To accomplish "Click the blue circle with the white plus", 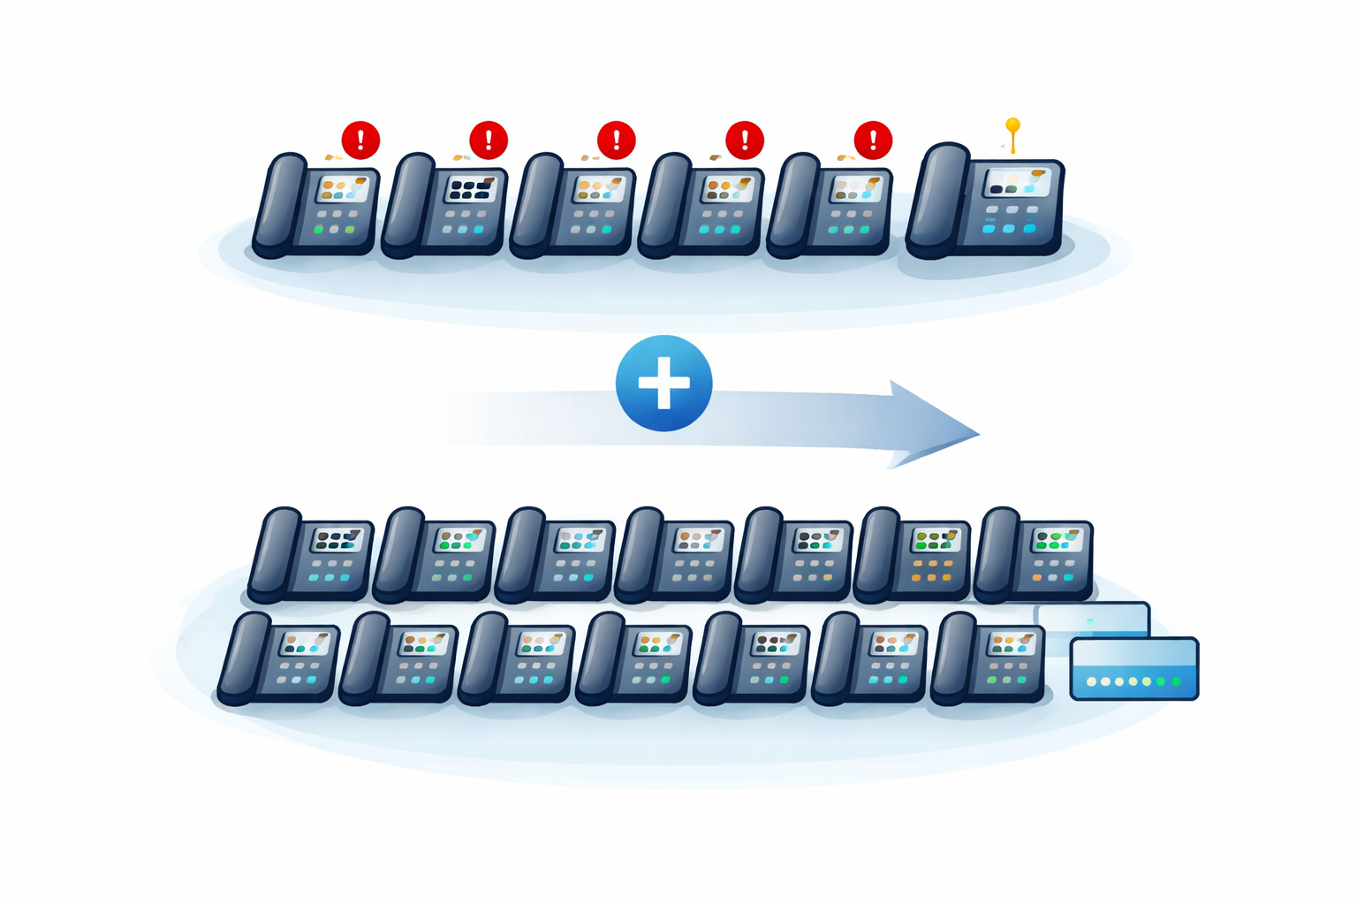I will [x=663, y=384].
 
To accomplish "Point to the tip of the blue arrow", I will [x=978, y=433].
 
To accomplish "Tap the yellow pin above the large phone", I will [x=1012, y=127].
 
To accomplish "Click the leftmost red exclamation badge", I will [x=360, y=140].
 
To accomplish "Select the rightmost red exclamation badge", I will [x=873, y=140].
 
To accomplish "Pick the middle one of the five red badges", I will [x=616, y=140].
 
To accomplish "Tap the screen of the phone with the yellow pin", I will [x=1018, y=183].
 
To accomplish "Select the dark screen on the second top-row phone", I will [x=471, y=188].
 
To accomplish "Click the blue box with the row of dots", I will [x=1134, y=668].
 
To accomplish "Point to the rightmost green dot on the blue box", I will [x=1175, y=681].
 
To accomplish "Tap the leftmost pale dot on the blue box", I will [x=1092, y=681].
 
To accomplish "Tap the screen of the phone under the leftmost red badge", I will [x=343, y=188].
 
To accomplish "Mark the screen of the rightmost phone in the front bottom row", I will [x=1012, y=643].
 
